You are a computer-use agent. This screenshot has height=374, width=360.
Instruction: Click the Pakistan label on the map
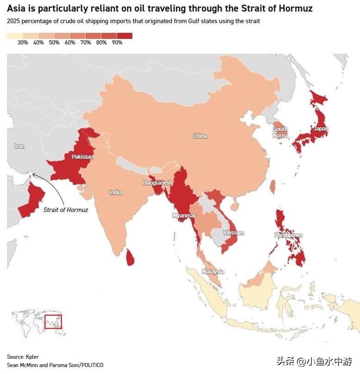click(x=82, y=157)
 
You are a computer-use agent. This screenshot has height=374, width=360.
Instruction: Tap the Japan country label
click(x=320, y=129)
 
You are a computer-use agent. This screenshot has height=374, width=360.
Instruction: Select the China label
click(x=200, y=136)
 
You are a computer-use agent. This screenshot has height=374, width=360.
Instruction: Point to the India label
click(x=116, y=192)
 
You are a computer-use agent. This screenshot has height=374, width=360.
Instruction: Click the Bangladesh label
click(x=157, y=183)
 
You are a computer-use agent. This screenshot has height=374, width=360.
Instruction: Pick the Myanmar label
click(x=184, y=216)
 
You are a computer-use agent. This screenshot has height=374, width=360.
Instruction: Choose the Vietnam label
click(x=234, y=233)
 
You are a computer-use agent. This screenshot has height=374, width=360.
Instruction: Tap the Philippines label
click(x=288, y=235)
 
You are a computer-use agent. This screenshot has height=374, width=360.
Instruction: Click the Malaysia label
click(x=213, y=271)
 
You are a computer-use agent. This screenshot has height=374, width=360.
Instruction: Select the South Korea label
click(x=280, y=132)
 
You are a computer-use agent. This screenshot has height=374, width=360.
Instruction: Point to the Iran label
click(x=19, y=146)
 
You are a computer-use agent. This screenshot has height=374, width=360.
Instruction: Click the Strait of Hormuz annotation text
click(x=66, y=210)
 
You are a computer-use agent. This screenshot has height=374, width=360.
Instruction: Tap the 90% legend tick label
click(x=117, y=43)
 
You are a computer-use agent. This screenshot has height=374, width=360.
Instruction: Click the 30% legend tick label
click(x=23, y=43)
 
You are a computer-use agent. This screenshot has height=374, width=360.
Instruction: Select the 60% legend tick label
click(x=70, y=43)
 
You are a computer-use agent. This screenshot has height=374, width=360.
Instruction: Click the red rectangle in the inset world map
click(x=53, y=321)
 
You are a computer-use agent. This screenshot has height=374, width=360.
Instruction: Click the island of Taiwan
click(x=272, y=187)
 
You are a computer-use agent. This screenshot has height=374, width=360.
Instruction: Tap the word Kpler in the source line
click(x=32, y=356)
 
